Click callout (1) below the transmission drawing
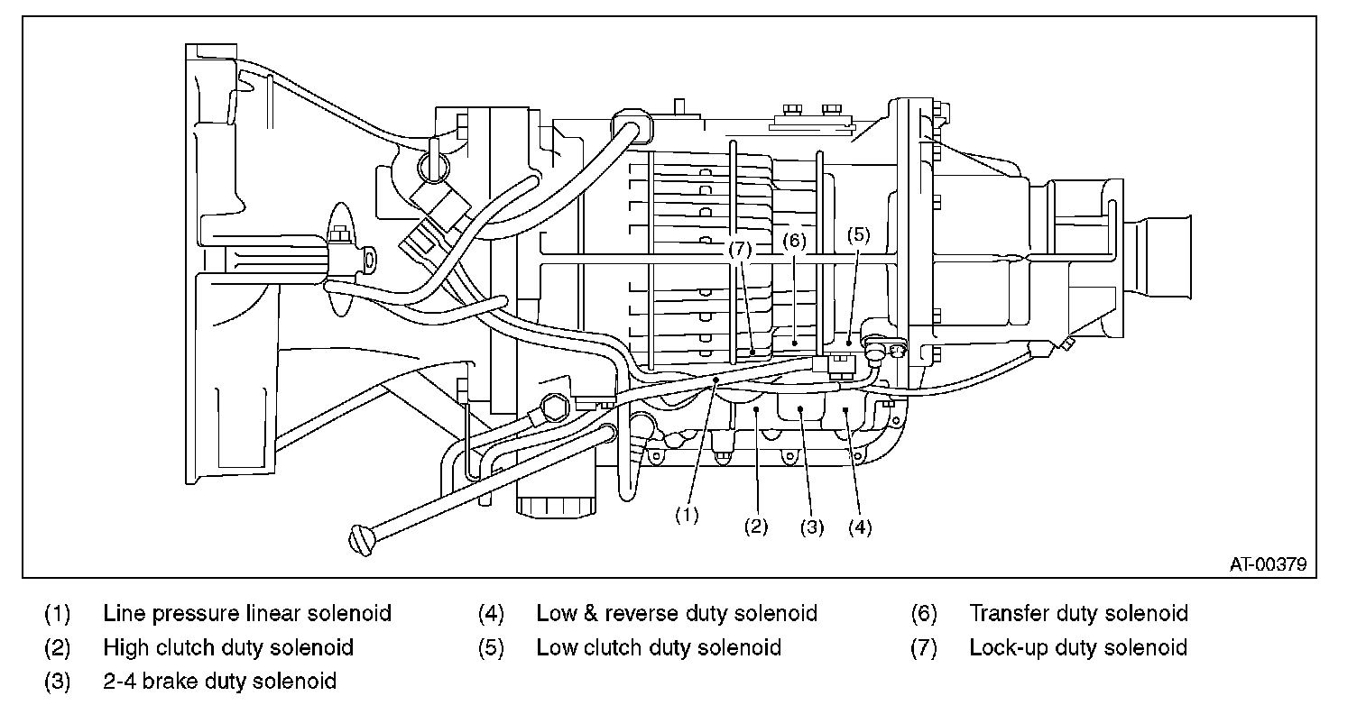(688, 515)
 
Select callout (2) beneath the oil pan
(755, 527)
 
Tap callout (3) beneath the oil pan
(812, 527)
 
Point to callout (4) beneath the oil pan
(860, 527)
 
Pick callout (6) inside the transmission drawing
(794, 241)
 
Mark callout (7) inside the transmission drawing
(741, 249)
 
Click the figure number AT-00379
(1268, 564)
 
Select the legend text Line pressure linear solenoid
(247, 614)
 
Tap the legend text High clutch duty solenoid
(228, 647)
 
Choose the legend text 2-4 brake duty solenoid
(220, 681)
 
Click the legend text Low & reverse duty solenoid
(677, 614)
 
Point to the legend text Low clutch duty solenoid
(659, 647)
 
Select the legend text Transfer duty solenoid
(1078, 614)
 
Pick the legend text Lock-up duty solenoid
(1078, 647)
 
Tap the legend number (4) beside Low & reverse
(491, 614)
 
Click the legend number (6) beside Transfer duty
(924, 614)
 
